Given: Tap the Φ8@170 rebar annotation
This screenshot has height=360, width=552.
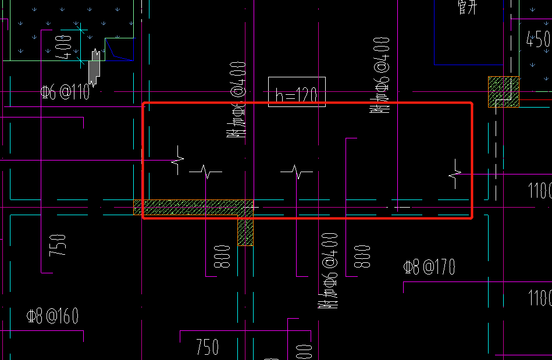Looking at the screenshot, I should pyautogui.click(x=429, y=268).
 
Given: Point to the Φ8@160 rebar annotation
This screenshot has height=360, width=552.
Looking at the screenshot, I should pyautogui.click(x=52, y=316).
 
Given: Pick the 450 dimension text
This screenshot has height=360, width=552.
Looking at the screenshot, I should pyautogui.click(x=539, y=40).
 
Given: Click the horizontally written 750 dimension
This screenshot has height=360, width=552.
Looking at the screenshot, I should pyautogui.click(x=207, y=347).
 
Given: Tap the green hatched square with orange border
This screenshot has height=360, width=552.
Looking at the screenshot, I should pyautogui.click(x=503, y=91).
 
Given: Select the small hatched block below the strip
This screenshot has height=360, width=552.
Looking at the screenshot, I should pyautogui.click(x=245, y=231).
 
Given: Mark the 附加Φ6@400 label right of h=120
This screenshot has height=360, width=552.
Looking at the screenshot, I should pyautogui.click(x=382, y=76).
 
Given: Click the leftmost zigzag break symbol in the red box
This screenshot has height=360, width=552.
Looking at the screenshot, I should pyautogui.click(x=179, y=160).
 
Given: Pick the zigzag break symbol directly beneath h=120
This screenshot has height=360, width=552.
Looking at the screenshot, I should pyautogui.click(x=297, y=172).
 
